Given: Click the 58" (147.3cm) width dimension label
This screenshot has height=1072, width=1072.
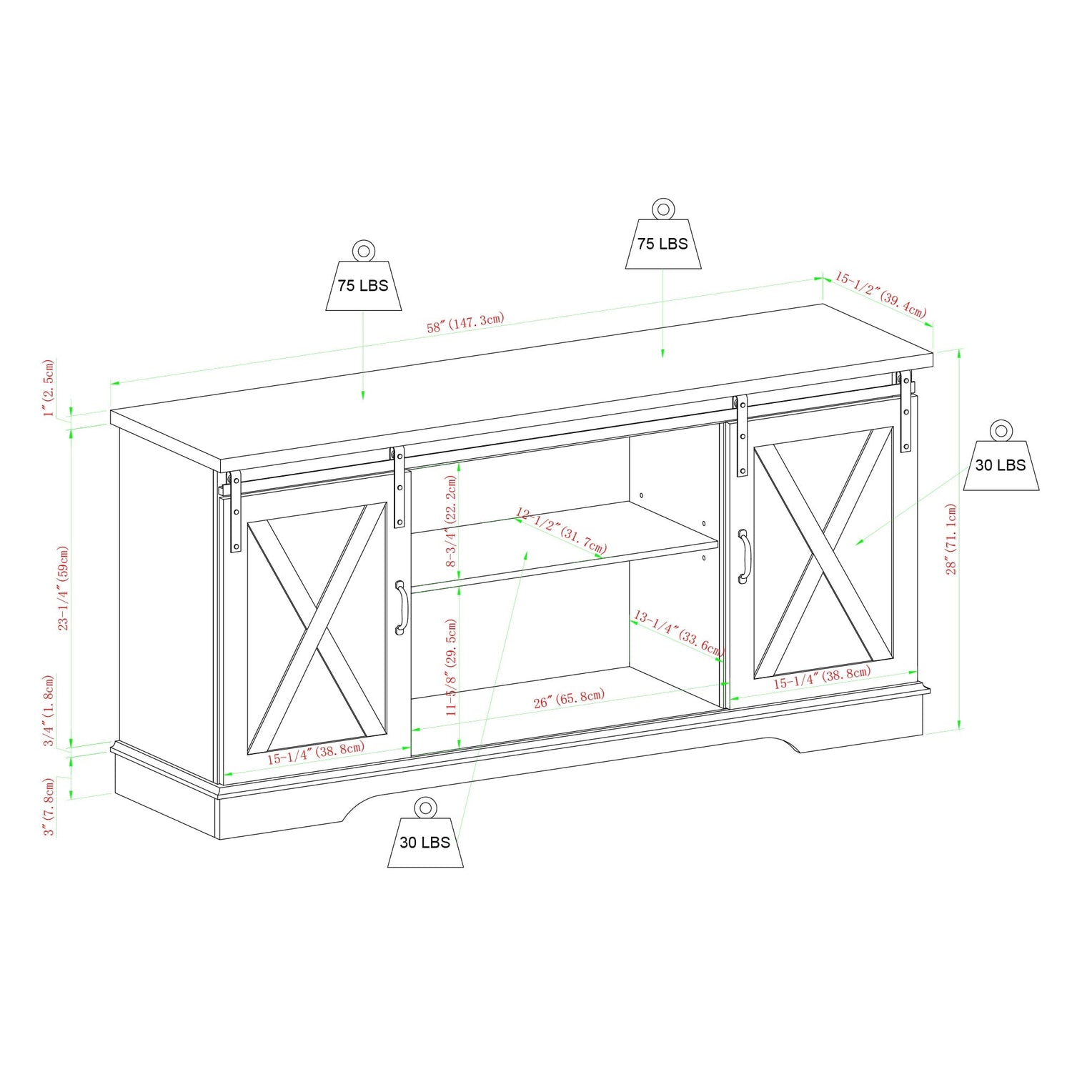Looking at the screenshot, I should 465,322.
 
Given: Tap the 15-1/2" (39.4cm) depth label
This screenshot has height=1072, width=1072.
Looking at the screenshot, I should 880,294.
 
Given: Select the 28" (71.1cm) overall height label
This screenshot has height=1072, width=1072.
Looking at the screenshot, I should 951,539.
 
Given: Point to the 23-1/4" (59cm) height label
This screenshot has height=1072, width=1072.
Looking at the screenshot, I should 64,587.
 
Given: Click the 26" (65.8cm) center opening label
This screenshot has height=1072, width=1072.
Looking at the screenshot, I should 569,698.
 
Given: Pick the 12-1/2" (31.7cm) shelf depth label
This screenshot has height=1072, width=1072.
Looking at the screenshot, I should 561,531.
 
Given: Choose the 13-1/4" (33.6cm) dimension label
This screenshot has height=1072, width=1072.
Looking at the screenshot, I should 678,633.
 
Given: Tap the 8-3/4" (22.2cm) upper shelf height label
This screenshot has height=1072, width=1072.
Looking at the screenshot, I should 451,521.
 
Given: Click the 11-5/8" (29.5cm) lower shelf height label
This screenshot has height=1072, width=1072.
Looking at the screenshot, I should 451,667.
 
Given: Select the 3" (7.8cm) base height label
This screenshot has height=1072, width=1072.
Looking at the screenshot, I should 49,807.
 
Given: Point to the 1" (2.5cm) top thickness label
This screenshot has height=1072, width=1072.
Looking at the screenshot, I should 49,388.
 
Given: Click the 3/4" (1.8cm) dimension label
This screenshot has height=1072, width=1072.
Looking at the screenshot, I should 49,710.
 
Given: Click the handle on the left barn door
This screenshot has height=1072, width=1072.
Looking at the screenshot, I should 401,607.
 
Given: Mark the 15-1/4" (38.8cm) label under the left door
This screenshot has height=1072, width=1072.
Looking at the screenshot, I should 316,753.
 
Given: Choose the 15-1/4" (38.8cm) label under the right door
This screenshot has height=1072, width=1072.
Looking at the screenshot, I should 822,677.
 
